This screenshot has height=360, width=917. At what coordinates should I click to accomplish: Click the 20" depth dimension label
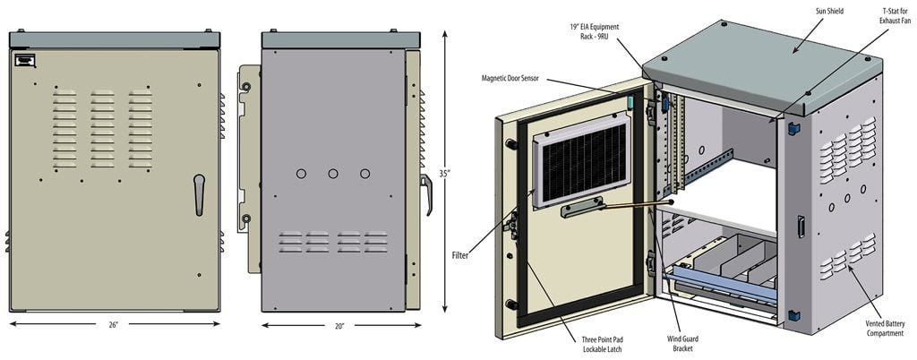click(339, 326)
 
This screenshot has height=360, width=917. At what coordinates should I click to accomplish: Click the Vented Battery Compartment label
click(881, 328)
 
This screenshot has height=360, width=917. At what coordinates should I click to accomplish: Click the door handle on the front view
click(199, 193)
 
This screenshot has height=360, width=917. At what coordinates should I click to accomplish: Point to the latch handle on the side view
click(428, 193)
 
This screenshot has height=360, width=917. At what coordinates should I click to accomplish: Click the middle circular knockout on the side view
click(333, 173)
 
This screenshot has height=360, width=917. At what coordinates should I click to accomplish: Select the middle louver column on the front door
click(102, 128)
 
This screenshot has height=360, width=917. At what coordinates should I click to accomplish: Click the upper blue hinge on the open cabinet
click(793, 127)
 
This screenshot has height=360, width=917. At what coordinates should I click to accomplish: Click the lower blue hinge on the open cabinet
click(793, 314)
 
